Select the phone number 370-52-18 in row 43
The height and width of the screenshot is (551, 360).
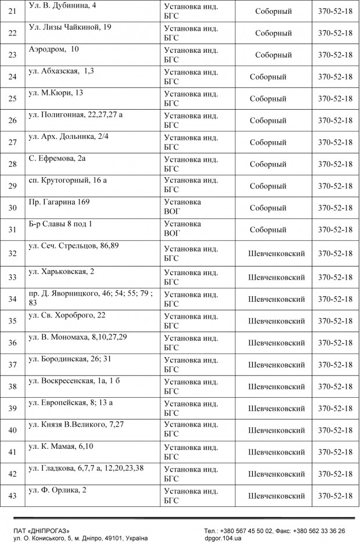pyautogui.click(x=335, y=496)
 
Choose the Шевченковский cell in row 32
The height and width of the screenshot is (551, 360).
pyautogui.click(x=276, y=254)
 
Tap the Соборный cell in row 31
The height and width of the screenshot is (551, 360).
pyautogui.click(x=268, y=230)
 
